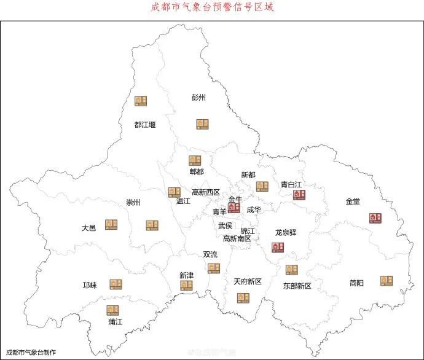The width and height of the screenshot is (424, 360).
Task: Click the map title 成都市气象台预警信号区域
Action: coord(212,8)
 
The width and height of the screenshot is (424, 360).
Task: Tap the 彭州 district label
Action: coord(198,97)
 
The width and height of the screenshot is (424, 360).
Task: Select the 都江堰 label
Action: coord(145,125)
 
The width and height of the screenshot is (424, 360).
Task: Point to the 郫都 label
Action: coord(196,172)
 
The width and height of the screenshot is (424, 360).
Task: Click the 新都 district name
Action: coord(248,175)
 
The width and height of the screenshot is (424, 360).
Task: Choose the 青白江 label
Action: coord(291,184)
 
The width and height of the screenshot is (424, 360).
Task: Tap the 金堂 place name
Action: coord(353,202)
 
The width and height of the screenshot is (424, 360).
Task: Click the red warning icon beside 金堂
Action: coord(375,218)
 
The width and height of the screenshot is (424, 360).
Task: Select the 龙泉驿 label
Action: coord(286,233)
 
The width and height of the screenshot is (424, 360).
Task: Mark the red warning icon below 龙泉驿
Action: coord(278,247)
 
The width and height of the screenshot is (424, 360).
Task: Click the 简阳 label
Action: coord(356,283)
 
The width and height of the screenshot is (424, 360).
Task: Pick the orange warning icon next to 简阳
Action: coord(386,281)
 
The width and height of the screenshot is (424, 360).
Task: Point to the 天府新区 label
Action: coord(247,282)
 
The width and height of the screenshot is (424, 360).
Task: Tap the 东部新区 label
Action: coord(297,286)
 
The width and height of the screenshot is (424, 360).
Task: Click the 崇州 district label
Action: coord(133,203)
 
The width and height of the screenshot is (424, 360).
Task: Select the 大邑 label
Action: coord(88,228)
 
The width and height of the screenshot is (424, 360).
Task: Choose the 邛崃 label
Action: coord(90,286)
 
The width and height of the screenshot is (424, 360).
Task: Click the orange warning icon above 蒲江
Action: coord(112,310)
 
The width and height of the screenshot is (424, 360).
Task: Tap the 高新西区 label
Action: coord(206,192)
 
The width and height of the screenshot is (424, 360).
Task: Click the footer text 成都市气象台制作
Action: coord(31,353)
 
